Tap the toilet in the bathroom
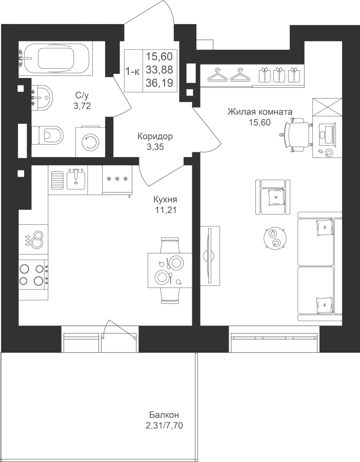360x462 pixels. point(47,136)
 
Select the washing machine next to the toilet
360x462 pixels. point(90,142)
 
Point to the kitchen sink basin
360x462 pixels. point(76,180)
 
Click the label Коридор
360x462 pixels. point(155,137)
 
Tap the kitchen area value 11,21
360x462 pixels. point(165,210)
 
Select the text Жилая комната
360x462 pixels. point(260,112)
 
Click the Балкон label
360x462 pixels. point(164,415)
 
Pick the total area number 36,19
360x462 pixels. point(159,83)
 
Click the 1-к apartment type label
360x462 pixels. point(133,71)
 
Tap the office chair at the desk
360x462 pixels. point(295,134)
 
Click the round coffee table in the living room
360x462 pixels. point(275,238)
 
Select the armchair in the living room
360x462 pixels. point(273,197)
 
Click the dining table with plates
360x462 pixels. point(170,270)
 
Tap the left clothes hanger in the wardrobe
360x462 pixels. point(218,75)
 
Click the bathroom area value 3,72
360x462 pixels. point(82,105)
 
